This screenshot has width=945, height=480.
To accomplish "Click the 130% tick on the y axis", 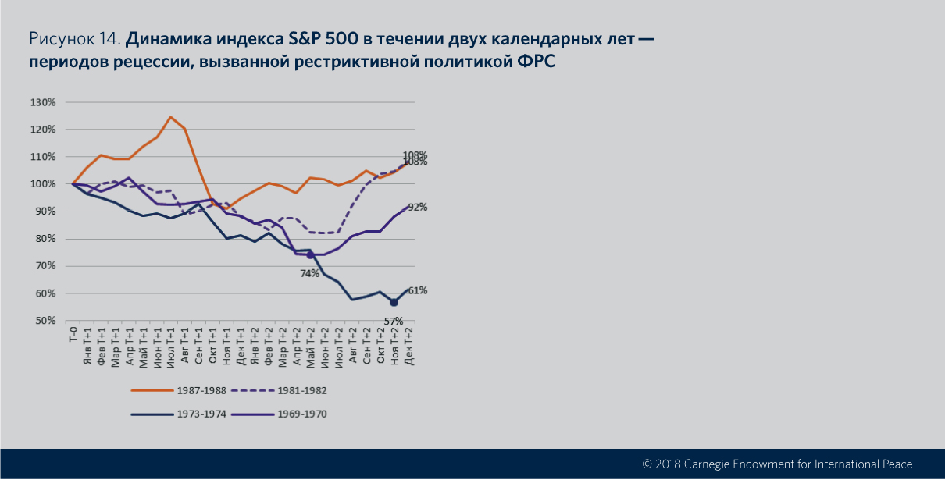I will point(44,102).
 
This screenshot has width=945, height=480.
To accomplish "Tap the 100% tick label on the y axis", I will point(44,184).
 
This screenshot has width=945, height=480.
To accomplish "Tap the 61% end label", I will point(417,290).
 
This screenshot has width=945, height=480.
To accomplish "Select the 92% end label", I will point(417,208).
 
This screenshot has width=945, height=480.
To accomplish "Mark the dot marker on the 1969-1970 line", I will point(310,255).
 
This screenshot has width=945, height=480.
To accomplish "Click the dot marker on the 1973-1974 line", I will point(394,302).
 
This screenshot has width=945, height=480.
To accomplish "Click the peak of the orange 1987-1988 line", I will point(170,117).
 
